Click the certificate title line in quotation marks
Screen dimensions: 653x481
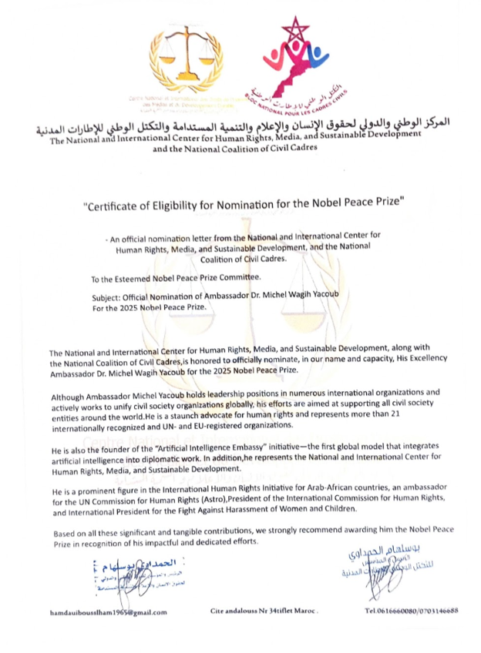click(x=240, y=206)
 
